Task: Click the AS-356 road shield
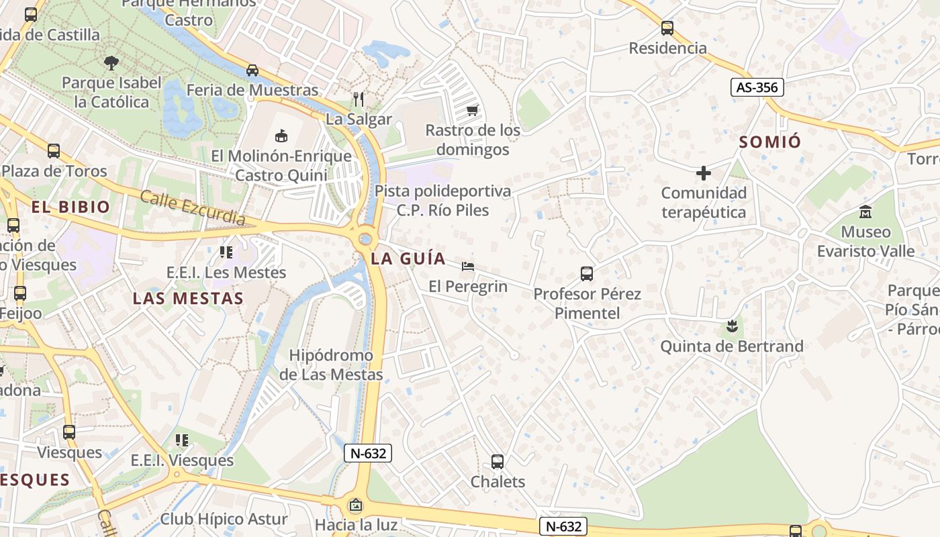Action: pyautogui.click(x=757, y=87)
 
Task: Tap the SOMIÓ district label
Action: pyautogui.click(x=770, y=142)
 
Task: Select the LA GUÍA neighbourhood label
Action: pyautogui.click(x=408, y=258)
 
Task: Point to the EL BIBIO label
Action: pyautogui.click(x=70, y=207)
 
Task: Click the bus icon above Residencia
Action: pyautogui.click(x=667, y=28)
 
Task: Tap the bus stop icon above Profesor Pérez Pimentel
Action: pyautogui.click(x=586, y=274)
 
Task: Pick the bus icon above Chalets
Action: pyautogui.click(x=497, y=462)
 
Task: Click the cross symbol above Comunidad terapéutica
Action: pyautogui.click(x=703, y=174)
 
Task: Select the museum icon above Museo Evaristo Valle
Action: pyautogui.click(x=865, y=213)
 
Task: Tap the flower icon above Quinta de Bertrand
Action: pyautogui.click(x=731, y=327)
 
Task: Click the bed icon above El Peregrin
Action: pyautogui.click(x=468, y=267)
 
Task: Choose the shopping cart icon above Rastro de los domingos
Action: pyautogui.click(x=472, y=110)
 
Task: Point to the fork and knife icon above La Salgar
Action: pyautogui.click(x=359, y=100)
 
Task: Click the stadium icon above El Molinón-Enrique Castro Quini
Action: pyautogui.click(x=281, y=136)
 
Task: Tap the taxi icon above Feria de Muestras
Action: pyautogui.click(x=252, y=70)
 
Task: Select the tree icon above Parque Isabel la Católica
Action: pyautogui.click(x=111, y=63)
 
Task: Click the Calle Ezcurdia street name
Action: pyautogui.click(x=193, y=208)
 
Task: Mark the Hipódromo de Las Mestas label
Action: pyautogui.click(x=331, y=365)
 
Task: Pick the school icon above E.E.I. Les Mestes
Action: pyautogui.click(x=226, y=252)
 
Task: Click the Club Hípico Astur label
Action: pyautogui.click(x=224, y=519)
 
